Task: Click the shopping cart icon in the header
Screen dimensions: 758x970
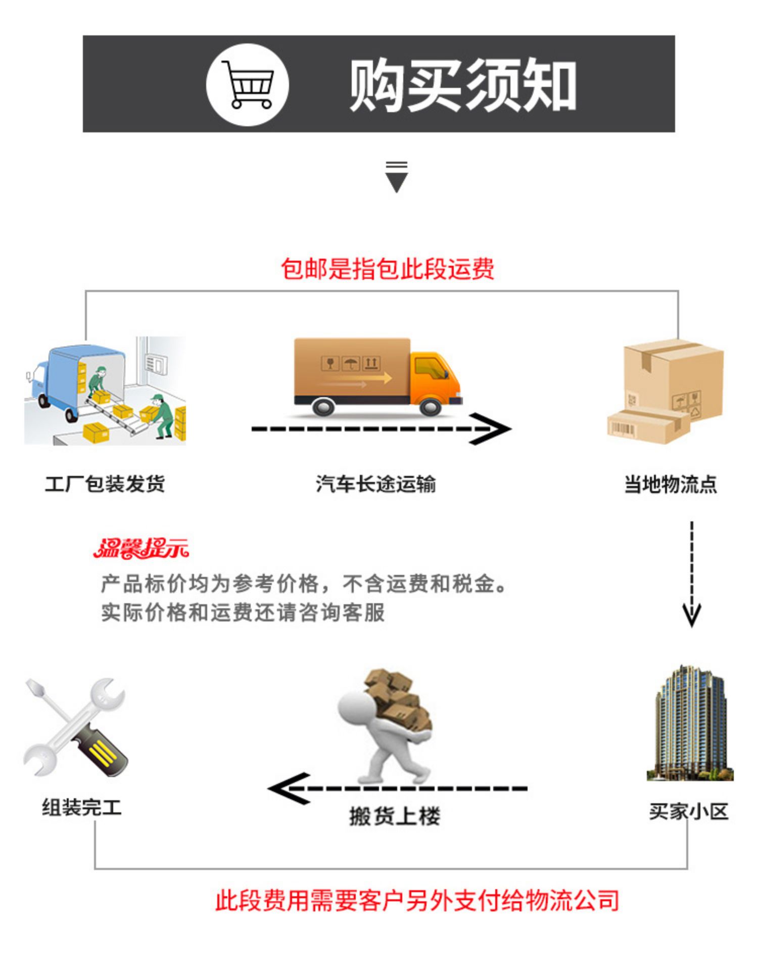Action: (x=248, y=84)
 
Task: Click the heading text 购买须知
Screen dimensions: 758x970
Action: (x=463, y=85)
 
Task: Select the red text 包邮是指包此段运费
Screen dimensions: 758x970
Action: (x=388, y=268)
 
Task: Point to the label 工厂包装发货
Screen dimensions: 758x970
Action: (x=105, y=483)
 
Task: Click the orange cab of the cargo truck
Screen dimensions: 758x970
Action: (x=435, y=379)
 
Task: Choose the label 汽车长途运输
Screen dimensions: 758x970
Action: (x=376, y=483)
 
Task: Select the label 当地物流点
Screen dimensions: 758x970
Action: (x=671, y=483)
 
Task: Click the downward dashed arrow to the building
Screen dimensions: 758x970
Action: (x=692, y=574)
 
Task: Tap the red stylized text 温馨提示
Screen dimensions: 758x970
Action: (x=141, y=549)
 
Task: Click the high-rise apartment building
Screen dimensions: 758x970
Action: (x=690, y=723)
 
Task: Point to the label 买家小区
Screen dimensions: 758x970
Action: (x=689, y=811)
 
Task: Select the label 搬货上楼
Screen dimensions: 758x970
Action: (x=395, y=816)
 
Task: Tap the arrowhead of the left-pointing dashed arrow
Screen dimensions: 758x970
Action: (x=288, y=789)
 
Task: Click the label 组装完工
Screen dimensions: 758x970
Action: (x=82, y=807)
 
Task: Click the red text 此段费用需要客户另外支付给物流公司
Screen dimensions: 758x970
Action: (x=417, y=901)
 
